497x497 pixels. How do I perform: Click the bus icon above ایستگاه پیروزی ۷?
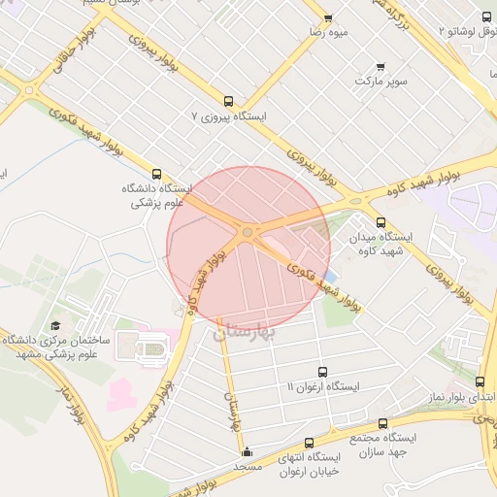point(229,101)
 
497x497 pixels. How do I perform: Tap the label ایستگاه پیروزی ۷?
point(229,116)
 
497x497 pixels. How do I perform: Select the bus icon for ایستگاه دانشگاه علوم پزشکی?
point(158,173)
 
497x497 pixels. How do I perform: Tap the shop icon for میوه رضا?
point(328,18)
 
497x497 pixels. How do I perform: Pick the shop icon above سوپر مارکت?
point(381,67)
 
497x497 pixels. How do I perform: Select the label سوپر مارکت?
point(381,82)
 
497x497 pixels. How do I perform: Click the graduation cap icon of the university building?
point(55,326)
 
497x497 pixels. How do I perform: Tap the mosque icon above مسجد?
point(247,451)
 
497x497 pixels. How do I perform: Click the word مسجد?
point(248,467)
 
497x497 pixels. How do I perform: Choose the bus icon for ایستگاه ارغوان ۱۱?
point(323,372)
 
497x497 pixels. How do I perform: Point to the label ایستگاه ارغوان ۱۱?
point(323,386)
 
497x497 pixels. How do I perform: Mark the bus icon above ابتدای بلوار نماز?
point(480,382)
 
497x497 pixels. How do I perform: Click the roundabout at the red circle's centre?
point(248,232)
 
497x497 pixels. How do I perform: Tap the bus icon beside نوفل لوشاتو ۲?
point(487,17)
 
